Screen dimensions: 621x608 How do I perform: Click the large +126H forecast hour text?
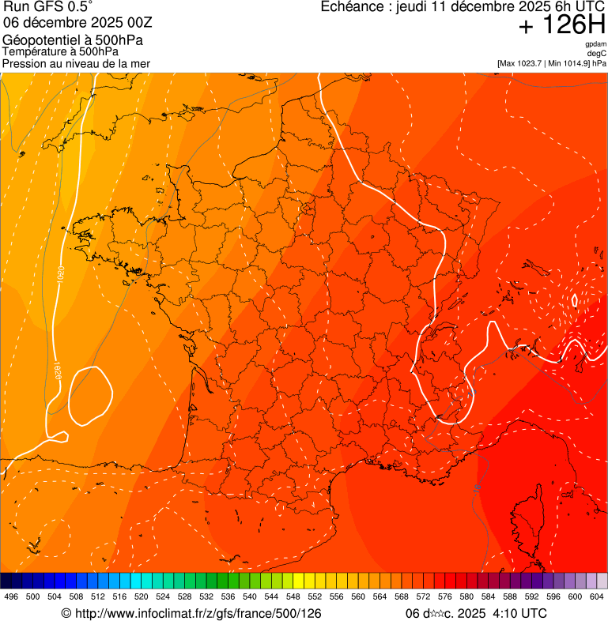tap(561, 25)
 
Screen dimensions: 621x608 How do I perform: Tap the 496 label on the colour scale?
tap(11, 597)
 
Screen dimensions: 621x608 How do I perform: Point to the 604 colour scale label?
tap(597, 597)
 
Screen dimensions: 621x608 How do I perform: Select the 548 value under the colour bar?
tap(293, 597)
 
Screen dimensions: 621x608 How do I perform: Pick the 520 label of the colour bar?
tap(142, 597)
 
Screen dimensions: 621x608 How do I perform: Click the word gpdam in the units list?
tap(595, 44)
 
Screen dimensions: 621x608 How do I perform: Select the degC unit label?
tap(597, 53)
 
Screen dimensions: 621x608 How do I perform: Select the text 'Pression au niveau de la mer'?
tap(76, 63)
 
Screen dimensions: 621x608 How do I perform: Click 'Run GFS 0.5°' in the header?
tap(48, 7)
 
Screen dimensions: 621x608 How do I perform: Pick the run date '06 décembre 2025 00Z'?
tap(83, 23)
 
